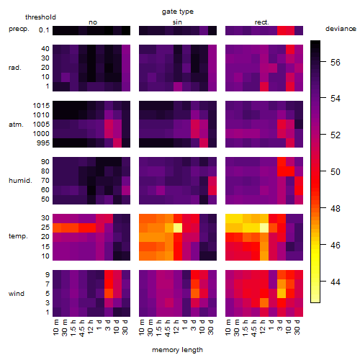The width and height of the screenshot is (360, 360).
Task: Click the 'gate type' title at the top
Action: pos(178,12)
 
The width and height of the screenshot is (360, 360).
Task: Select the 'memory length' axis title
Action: pos(177,350)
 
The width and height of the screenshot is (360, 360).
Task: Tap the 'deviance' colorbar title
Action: pos(341,29)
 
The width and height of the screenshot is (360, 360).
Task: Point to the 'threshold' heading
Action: pos(40,17)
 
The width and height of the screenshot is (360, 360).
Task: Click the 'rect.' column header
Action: pos(262,22)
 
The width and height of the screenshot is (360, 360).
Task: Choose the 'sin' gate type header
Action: pos(177,22)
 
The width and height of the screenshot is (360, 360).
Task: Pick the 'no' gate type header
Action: pos(93,22)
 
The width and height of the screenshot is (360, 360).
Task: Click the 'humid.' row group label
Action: pos(20,181)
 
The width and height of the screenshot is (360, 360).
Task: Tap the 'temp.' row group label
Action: pos(18,236)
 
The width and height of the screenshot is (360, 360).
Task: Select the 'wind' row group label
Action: pos(17,294)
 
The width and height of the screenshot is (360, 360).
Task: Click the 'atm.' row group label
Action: pos(16,125)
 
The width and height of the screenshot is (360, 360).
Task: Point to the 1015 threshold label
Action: pos(41,106)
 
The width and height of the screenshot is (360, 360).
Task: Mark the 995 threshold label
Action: pos(43,143)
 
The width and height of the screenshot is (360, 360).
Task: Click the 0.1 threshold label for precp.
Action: pos(44,30)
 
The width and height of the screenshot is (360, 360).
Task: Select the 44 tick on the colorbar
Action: pos(336,282)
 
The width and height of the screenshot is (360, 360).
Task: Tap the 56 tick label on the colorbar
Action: pos(336,63)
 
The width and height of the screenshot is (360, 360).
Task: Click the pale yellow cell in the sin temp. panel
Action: pos(178,228)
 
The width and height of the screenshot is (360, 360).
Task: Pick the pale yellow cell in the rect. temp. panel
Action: pos(264,228)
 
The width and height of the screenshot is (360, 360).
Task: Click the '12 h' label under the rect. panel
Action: pos(263,327)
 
